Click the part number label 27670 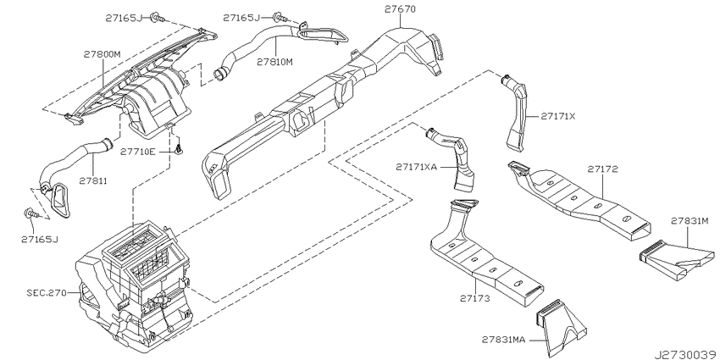400,8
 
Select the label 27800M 102,54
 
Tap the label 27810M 274,61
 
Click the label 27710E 138,151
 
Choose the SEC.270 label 47,292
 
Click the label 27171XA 417,167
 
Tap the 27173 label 475,298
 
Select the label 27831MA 503,340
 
